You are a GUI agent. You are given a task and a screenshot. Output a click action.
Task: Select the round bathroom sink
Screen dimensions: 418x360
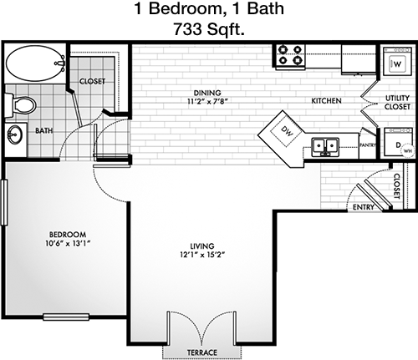click(x=15, y=134)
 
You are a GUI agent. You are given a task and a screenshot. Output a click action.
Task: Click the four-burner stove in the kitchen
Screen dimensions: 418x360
click(x=290, y=55)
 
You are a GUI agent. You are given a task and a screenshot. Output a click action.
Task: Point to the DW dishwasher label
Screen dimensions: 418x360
click(x=288, y=131)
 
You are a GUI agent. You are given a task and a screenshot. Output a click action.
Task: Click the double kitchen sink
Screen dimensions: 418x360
click(x=325, y=146)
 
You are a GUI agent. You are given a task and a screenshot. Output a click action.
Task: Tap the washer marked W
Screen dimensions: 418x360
click(x=397, y=62)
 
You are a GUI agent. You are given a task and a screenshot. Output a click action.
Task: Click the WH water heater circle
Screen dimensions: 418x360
click(x=407, y=151)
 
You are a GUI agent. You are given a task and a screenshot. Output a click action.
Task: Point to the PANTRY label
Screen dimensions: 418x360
click(x=368, y=145)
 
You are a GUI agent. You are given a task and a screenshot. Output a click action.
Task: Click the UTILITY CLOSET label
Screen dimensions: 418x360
click(x=397, y=102)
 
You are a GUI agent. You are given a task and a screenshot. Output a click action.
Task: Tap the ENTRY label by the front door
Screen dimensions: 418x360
click(x=364, y=207)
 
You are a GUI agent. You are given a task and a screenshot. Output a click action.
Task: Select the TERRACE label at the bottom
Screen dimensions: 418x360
click(x=202, y=352)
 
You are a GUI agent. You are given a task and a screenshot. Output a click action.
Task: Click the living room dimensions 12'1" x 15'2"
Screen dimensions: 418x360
click(x=202, y=255)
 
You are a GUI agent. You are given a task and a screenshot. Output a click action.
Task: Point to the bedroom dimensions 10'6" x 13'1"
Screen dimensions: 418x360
click(x=69, y=243)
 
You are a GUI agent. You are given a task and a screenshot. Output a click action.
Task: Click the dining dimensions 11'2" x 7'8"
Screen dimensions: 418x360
click(x=207, y=101)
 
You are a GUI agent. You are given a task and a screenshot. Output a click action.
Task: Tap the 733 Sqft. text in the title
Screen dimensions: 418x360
click(x=209, y=29)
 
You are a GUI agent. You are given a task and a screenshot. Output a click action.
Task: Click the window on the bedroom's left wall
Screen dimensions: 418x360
click(x=4, y=202)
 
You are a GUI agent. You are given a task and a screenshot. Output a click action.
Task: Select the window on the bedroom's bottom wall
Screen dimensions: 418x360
click(x=66, y=317)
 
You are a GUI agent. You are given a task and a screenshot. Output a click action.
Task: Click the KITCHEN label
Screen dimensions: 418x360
click(x=326, y=100)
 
